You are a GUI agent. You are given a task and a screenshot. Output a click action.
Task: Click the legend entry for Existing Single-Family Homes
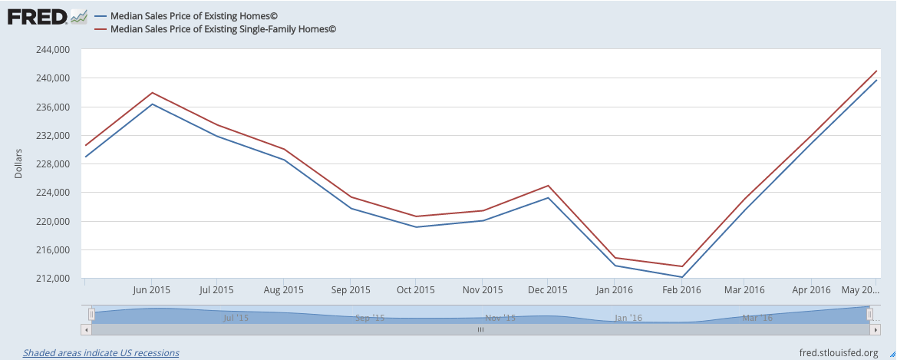click(223, 29)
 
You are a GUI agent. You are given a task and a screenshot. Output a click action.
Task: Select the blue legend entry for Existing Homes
click(195, 15)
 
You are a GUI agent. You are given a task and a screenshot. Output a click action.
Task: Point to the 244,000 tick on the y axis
click(53, 50)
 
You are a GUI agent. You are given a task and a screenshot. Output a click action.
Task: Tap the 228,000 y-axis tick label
click(53, 164)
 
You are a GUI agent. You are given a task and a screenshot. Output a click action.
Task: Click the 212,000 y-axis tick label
click(53, 279)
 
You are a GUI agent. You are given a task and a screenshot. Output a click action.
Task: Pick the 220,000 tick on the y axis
click(53, 222)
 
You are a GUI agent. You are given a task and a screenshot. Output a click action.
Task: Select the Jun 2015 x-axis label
click(151, 290)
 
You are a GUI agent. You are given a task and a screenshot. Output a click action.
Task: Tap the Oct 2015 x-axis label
click(415, 290)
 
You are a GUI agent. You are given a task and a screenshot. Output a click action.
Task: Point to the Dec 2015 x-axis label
click(548, 290)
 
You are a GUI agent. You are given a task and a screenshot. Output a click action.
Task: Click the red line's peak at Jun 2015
click(152, 93)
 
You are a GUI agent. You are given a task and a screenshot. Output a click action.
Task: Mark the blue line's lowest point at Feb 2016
click(681, 277)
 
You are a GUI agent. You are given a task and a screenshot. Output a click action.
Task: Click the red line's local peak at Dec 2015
click(548, 186)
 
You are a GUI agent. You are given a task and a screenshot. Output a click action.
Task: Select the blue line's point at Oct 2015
click(416, 227)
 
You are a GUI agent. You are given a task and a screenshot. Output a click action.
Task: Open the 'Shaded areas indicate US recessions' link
click(101, 353)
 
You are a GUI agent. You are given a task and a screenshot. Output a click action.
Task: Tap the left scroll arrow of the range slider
click(86, 329)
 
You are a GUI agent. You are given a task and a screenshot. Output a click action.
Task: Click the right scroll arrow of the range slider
click(875, 329)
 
